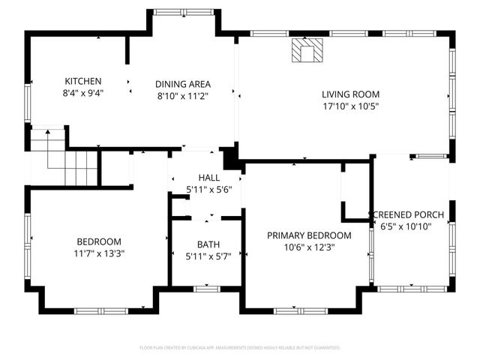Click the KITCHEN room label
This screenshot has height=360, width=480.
coord(82,81)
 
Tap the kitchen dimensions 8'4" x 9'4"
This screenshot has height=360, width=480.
coord(82,93)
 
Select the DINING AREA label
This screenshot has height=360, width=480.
coord(182,84)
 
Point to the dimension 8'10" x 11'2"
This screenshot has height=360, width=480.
coord(182,96)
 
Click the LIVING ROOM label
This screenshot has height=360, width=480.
coord(350,94)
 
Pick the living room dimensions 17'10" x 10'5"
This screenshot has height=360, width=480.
coord(350,106)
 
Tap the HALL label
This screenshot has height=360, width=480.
coord(208,177)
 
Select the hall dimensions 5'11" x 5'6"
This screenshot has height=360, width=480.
coord(208,189)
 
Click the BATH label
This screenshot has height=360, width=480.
coord(208,244)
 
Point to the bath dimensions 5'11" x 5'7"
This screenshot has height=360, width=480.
coord(208,256)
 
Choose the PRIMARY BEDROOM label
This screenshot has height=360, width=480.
coord(309,235)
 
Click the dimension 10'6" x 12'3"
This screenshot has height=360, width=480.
coord(309,247)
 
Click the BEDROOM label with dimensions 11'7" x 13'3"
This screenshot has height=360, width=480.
coord(99,241)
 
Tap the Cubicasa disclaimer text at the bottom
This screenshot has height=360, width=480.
coord(240,348)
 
